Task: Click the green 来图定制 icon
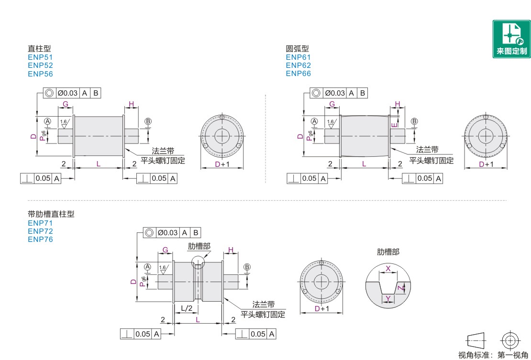pos(511,39)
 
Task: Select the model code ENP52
pos(40,65)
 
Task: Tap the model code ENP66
pos(298,74)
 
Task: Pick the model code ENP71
pos(40,223)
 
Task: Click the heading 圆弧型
pos(298,49)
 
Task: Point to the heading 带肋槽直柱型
pos(51,214)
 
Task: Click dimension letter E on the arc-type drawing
pos(394,125)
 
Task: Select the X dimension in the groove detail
pos(388,269)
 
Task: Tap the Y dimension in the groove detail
pos(388,298)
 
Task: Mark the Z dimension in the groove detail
pos(400,288)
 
